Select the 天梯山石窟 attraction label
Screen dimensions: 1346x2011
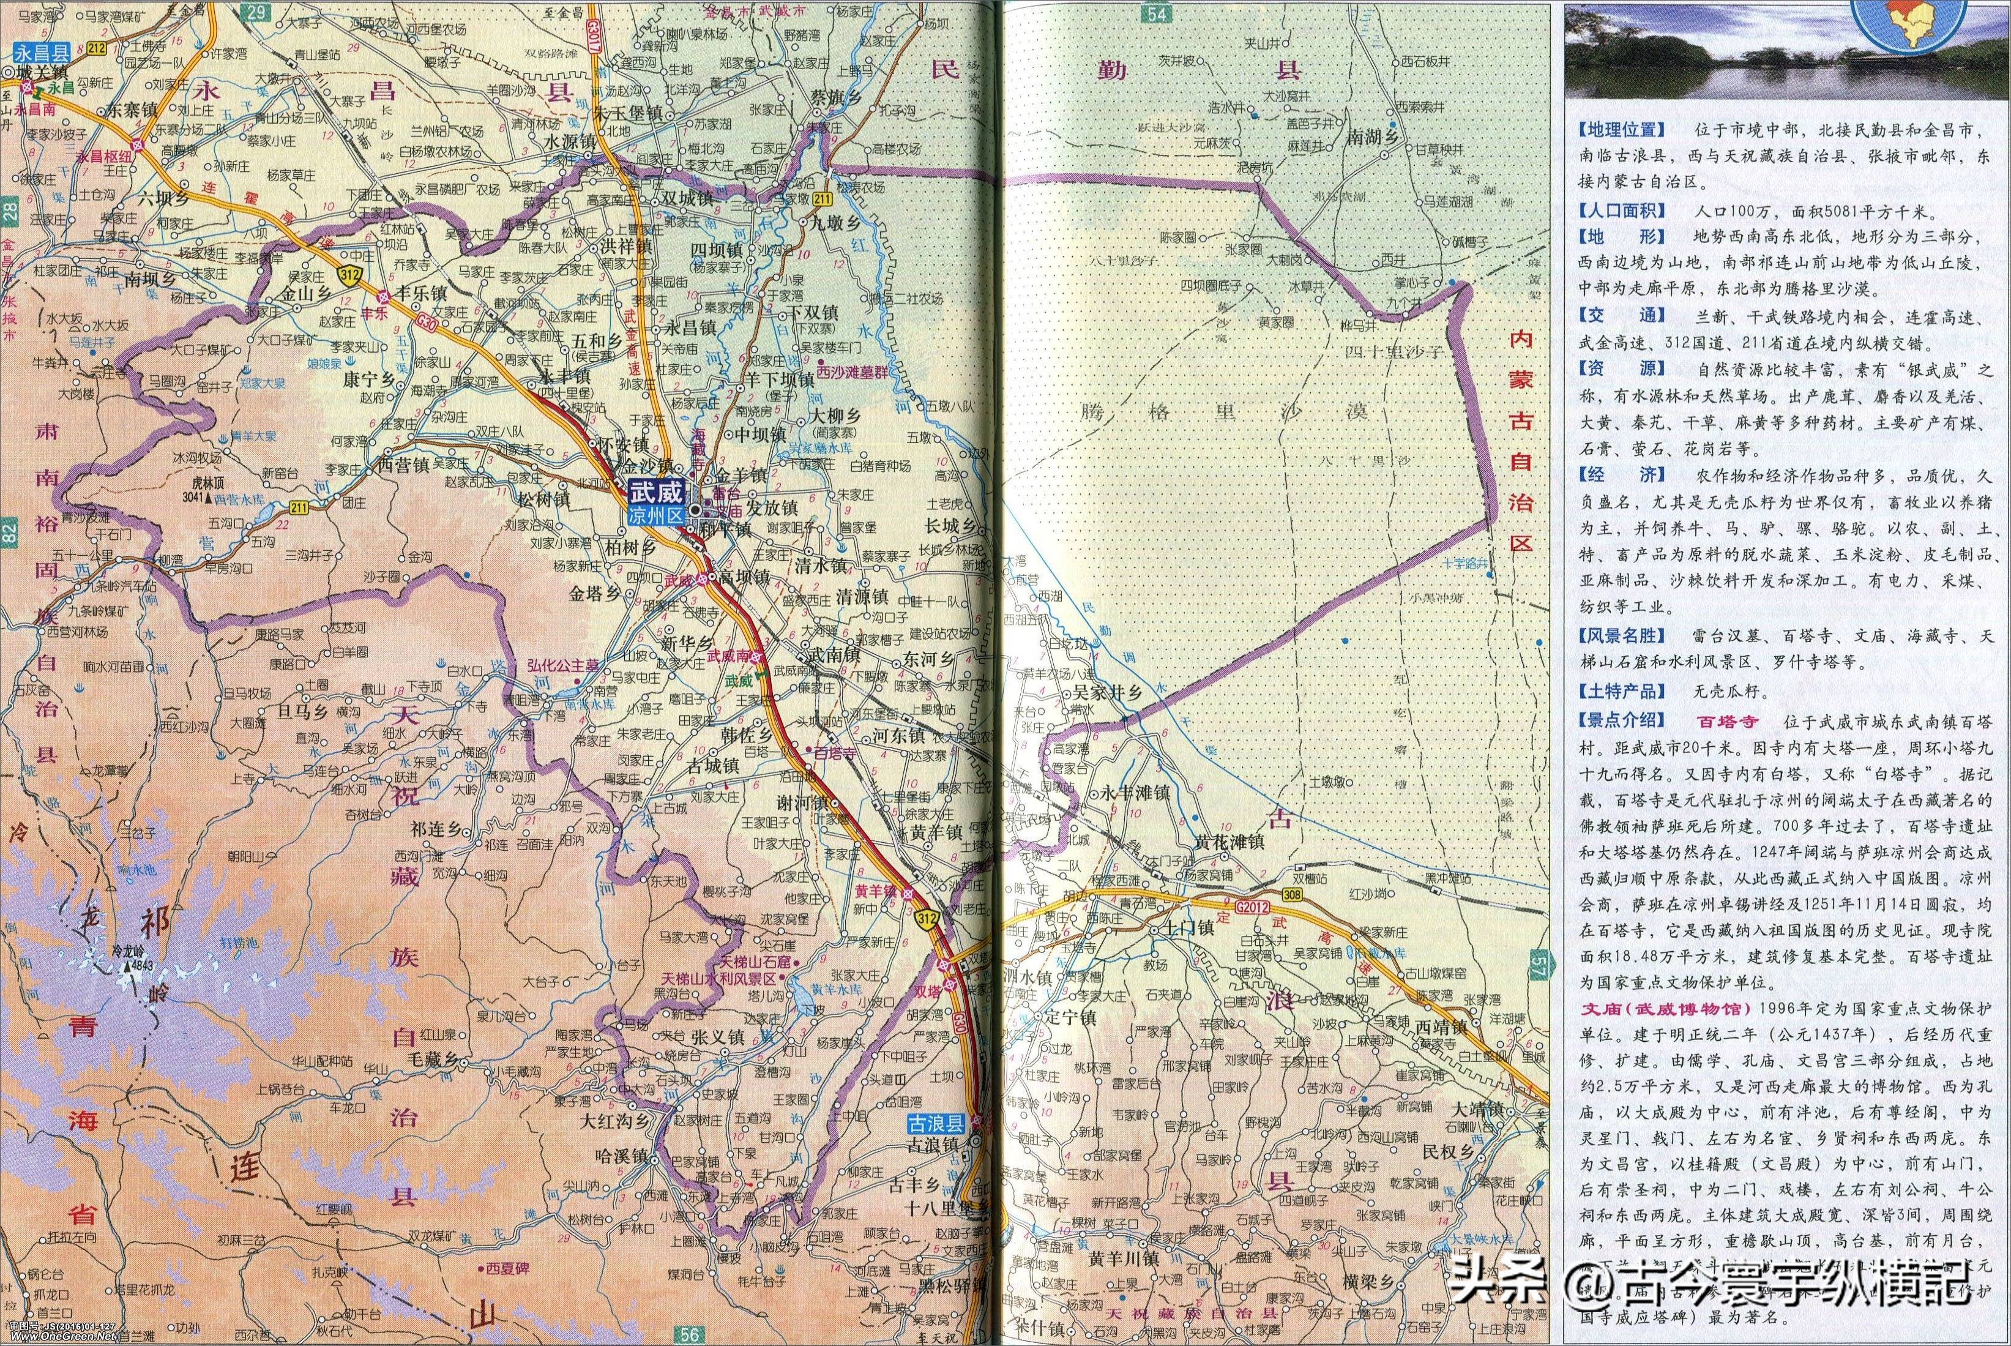755,962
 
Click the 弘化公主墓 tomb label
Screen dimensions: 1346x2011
563,666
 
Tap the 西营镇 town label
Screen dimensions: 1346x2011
403,465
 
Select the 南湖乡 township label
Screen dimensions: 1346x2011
1373,136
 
